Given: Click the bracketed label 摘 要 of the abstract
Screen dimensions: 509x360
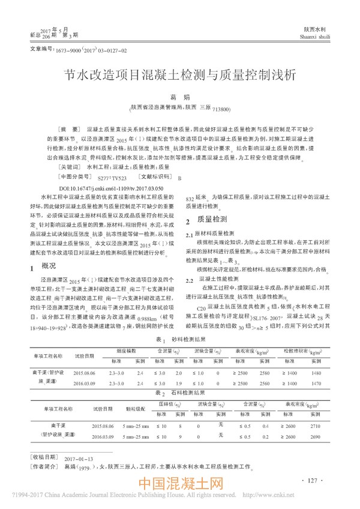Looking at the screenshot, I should [x=69, y=130].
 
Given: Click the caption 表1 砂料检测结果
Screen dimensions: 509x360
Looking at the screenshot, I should [x=179, y=339].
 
